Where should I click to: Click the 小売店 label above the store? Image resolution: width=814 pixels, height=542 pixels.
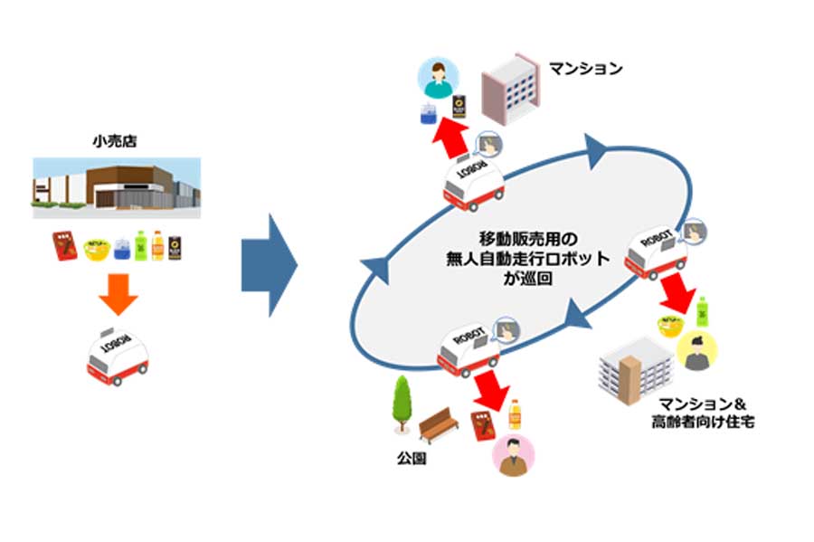tap(116, 141)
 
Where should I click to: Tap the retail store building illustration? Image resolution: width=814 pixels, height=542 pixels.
tap(116, 186)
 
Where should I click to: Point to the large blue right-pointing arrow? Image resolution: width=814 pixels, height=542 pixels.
tap(269, 265)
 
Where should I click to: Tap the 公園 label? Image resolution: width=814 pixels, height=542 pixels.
tap(411, 459)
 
